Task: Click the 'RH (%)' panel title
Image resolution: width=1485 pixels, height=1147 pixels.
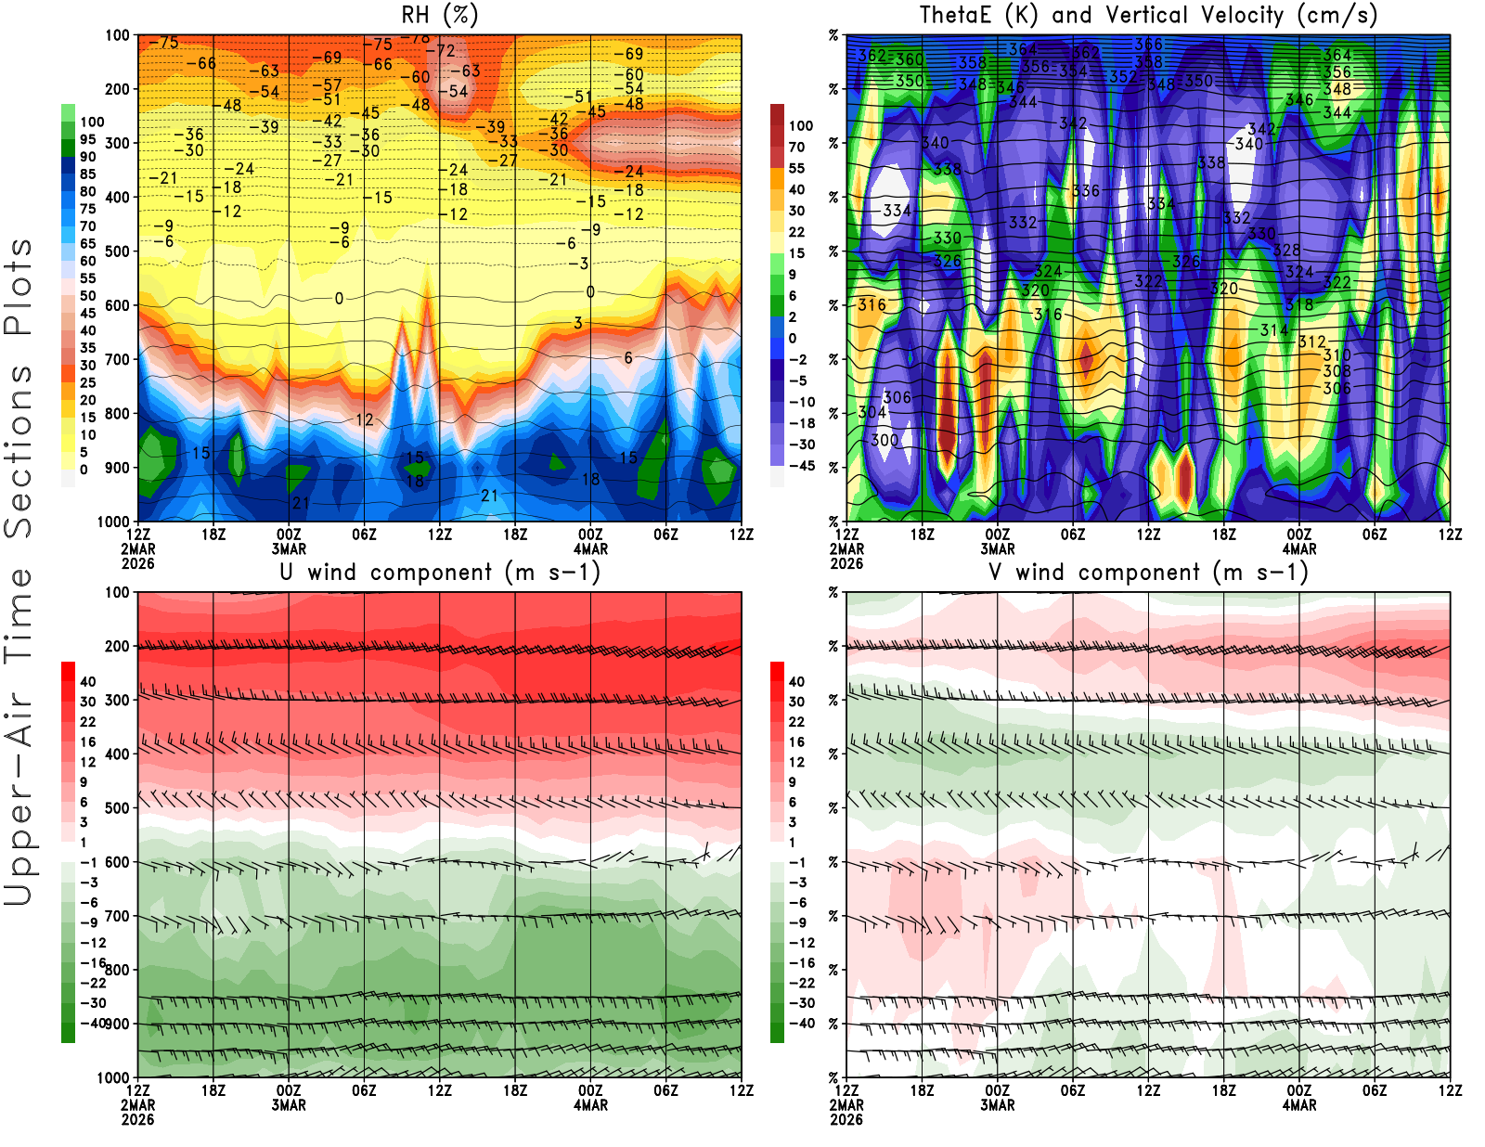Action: pos(439,16)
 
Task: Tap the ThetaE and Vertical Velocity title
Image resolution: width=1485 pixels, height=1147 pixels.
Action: pos(1148,16)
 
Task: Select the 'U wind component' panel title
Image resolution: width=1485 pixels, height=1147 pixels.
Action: pos(440,573)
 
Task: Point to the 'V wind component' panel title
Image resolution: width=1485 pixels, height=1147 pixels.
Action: pos(1148,573)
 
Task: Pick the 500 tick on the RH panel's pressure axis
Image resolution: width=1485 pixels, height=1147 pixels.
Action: pos(118,251)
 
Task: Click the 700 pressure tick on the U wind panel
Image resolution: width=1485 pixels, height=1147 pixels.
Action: pos(118,917)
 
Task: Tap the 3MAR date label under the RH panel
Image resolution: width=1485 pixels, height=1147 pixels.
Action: pos(289,549)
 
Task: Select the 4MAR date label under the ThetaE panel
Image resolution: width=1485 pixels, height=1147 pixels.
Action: pos(1299,549)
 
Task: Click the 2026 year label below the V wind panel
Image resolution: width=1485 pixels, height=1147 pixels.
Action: pos(846,1120)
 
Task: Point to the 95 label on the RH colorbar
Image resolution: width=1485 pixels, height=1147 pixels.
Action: pos(88,140)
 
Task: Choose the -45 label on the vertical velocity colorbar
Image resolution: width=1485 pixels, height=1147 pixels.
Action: pos(801,466)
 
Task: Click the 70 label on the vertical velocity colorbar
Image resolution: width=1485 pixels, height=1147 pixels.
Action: pos(796,148)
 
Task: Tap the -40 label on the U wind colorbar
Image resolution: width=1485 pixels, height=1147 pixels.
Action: pos(92,1024)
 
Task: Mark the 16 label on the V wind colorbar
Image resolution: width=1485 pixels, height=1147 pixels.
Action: pos(796,742)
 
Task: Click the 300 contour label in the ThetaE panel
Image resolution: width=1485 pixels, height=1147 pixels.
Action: pos(885,441)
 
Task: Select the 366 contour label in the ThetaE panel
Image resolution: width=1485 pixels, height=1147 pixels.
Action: pos(1148,45)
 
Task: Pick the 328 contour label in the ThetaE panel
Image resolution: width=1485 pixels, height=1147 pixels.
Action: pos(1286,251)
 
